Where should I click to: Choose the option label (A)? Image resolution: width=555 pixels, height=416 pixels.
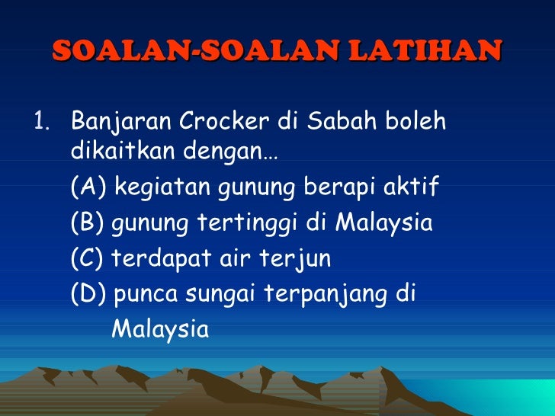coord(88,188)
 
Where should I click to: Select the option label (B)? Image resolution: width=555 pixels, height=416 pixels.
coord(88,224)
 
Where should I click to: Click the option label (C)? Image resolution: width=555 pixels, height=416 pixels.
coord(88,260)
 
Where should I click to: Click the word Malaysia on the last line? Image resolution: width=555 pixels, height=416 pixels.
coord(159,330)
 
